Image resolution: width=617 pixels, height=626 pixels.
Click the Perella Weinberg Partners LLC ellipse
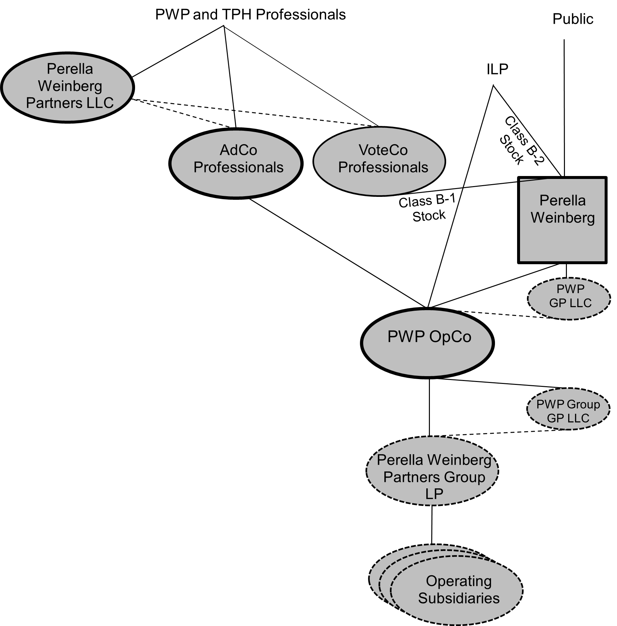tap(68, 87)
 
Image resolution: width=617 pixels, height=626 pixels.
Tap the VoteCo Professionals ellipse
tap(379, 161)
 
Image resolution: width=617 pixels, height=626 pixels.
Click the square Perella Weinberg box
tap(562, 220)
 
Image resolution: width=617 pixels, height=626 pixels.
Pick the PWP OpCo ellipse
tap(428, 343)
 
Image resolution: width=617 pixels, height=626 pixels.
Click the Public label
tap(573, 19)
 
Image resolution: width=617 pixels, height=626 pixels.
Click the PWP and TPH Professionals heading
tap(250, 15)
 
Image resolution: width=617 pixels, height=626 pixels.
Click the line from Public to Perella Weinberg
tap(564, 107)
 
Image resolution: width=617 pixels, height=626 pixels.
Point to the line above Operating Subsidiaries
tap(432, 524)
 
